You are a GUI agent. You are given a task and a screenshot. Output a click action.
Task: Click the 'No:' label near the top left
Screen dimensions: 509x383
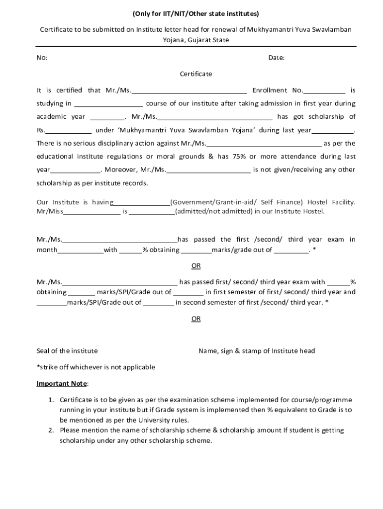(x=42, y=58)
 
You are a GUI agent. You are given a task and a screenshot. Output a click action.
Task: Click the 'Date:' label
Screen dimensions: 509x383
(x=276, y=58)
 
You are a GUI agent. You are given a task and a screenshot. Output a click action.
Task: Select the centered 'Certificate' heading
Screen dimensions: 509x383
(x=196, y=74)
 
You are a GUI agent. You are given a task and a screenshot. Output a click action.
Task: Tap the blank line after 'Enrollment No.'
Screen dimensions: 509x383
(x=324, y=91)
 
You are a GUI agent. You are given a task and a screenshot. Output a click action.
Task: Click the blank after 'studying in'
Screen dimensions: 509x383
(x=109, y=104)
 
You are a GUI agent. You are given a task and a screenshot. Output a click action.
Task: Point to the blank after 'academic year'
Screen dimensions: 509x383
(x=107, y=118)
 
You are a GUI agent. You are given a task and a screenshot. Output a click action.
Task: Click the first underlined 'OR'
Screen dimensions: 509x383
(x=196, y=266)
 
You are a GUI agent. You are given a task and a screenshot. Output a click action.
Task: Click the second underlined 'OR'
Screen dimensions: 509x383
(x=196, y=319)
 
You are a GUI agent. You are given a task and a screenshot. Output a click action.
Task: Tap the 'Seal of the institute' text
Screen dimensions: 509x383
(x=67, y=351)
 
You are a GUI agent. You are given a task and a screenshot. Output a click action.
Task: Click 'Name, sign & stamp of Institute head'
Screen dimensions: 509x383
(x=257, y=351)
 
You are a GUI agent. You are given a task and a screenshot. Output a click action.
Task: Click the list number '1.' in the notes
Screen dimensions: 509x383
(x=51, y=400)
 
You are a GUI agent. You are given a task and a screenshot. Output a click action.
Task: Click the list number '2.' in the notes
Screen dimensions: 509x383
(x=51, y=430)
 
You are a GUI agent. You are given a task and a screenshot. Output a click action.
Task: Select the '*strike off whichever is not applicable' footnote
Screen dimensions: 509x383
(x=96, y=367)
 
